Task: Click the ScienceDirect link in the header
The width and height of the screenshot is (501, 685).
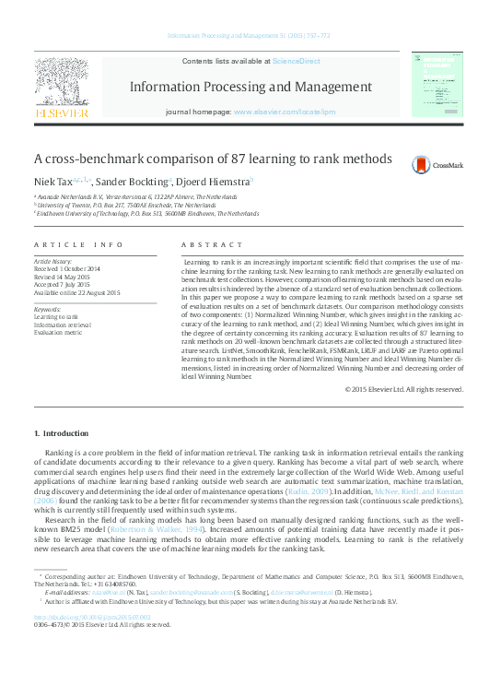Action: pyautogui.click(x=296, y=60)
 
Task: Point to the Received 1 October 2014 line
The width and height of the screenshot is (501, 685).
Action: pyautogui.click(x=74, y=269)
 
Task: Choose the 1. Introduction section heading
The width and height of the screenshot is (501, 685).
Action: pyautogui.click(x=63, y=433)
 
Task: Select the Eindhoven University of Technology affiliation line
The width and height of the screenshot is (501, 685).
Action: pyautogui.click(x=147, y=213)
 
